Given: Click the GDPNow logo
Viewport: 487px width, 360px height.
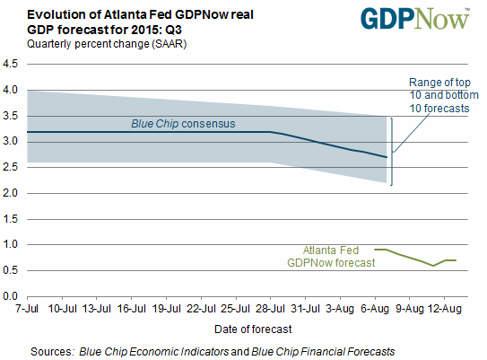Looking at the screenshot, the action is (415, 19).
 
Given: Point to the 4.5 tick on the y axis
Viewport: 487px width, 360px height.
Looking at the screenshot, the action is (10, 64).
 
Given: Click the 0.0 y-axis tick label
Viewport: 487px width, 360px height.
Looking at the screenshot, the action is (10, 296).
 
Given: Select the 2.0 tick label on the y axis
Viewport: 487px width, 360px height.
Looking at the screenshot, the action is (10, 193).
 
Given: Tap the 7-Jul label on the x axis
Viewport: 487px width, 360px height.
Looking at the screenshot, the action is (27, 309).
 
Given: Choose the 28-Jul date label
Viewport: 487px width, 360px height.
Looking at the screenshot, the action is (270, 309).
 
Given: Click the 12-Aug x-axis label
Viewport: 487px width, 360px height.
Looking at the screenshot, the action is (445, 309).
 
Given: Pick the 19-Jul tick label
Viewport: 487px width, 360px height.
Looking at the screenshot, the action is (166, 309).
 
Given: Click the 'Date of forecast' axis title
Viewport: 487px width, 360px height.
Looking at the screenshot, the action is (253, 329).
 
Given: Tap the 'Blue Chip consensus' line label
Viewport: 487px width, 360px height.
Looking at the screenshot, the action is (183, 124).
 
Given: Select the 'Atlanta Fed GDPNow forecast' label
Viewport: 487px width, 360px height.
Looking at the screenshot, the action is (331, 257).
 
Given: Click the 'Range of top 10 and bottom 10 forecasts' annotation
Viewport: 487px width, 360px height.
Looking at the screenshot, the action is (444, 95).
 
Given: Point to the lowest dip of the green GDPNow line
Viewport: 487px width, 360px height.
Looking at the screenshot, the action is (433, 266).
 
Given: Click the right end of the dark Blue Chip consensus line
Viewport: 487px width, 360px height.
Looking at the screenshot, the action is (387, 157).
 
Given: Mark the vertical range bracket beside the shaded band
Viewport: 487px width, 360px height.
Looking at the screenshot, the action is (392, 152).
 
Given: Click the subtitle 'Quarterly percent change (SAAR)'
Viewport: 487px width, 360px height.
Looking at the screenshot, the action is (107, 44).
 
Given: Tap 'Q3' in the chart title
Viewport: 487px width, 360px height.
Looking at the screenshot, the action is (173, 30).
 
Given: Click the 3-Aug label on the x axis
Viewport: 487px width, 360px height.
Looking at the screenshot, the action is (340, 309).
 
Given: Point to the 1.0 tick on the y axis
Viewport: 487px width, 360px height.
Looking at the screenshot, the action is (10, 245).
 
